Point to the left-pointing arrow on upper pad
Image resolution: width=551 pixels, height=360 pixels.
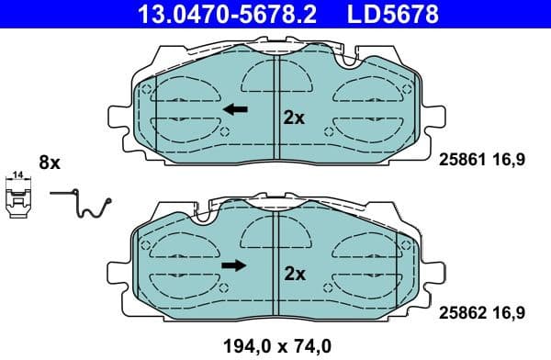click(x=236, y=110)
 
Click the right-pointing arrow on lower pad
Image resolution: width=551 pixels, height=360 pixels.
click(x=234, y=266)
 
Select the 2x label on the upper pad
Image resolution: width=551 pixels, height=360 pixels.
click(x=294, y=118)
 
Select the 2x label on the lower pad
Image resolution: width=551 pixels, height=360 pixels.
click(x=294, y=273)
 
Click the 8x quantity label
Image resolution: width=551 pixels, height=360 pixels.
click(x=49, y=163)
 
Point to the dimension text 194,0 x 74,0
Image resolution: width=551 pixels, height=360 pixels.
click(x=276, y=346)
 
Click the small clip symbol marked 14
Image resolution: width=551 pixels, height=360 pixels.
click(x=17, y=200)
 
